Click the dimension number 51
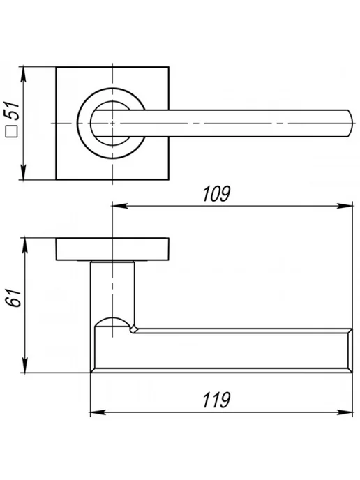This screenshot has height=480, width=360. [x=13, y=110]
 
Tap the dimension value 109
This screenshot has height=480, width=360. [x=216, y=194]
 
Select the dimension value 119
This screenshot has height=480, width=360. [x=216, y=400]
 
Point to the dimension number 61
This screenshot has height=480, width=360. [x=13, y=297]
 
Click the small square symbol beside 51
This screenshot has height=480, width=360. [x=12, y=132]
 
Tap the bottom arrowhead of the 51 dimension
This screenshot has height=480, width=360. [x=23, y=172]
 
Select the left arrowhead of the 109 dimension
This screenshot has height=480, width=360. [x=120, y=206]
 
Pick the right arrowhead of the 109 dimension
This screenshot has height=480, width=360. [x=345, y=206]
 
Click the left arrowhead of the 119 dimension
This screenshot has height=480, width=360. [x=98, y=412]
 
